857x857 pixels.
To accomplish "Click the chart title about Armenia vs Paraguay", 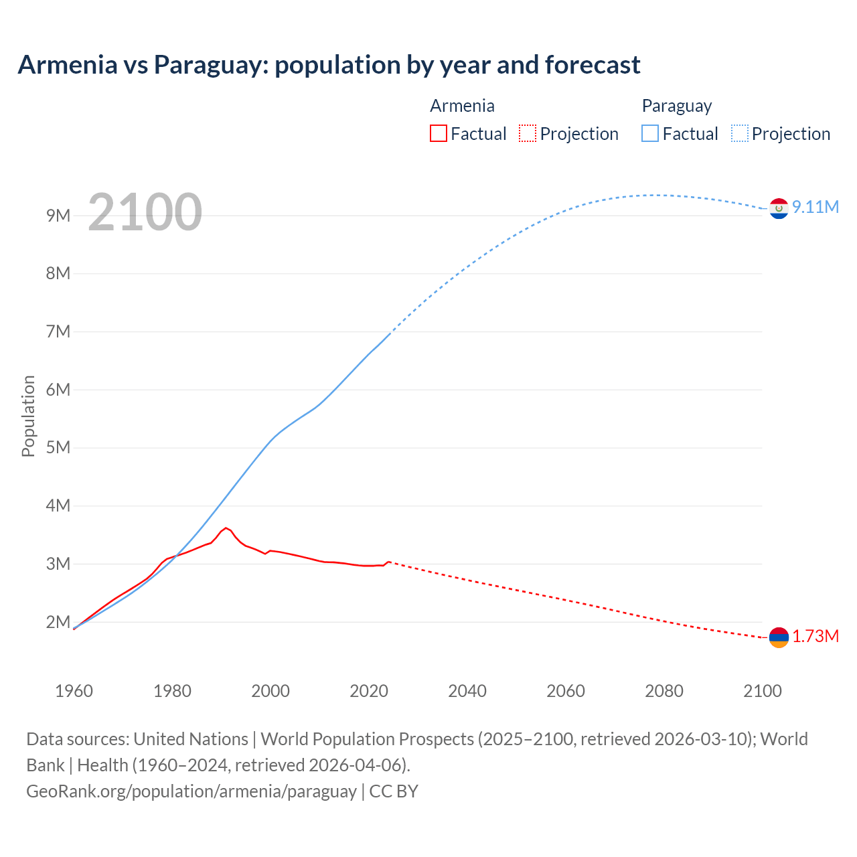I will [329, 65].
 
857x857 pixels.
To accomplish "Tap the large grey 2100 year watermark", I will [145, 212].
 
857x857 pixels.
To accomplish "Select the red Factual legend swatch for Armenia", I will [438, 134].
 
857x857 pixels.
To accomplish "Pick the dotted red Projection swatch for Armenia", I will [528, 134].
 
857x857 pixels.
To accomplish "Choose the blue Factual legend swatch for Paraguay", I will [649, 134].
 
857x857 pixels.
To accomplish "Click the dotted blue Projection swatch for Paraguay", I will [739, 134].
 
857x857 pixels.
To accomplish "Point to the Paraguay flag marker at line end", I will [779, 209].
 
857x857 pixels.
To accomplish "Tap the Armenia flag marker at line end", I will [779, 637].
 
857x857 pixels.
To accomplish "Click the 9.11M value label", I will [815, 207].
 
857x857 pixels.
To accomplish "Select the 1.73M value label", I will [815, 636].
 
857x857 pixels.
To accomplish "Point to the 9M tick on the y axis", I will [58, 216].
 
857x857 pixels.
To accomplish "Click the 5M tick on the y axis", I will [58, 447].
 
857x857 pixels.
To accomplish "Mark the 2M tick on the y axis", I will [58, 622].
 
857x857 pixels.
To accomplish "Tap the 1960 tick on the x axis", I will [74, 691].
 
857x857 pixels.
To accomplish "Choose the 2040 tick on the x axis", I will [467, 691].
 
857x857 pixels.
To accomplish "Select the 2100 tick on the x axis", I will [762, 691].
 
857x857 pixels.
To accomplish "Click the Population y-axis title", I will [28, 416].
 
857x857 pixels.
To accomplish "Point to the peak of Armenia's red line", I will [226, 528].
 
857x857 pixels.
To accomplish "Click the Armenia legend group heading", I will [462, 106].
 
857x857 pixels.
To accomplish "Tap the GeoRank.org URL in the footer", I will [191, 791].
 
